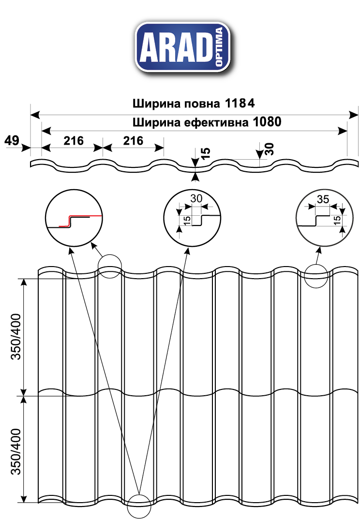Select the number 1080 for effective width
[x=266, y=122]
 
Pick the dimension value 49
[x=12, y=141]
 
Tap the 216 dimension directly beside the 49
[x=73, y=141]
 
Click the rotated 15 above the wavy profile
[x=206, y=153]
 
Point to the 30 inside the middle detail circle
[x=196, y=198]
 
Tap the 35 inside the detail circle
[x=323, y=199]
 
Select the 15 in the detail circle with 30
[x=186, y=221]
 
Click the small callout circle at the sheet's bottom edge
[x=139, y=506]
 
